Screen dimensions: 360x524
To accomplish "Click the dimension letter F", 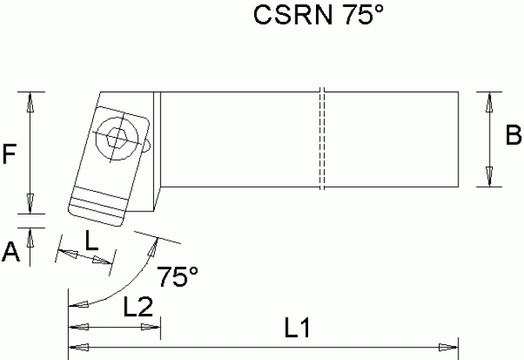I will click(x=10, y=154).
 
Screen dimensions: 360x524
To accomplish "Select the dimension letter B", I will click(x=512, y=136).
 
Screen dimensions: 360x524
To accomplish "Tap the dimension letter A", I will click(x=10, y=251).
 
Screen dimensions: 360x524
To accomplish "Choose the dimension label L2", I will click(x=138, y=308).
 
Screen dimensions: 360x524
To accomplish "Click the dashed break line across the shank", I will click(x=321, y=141).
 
